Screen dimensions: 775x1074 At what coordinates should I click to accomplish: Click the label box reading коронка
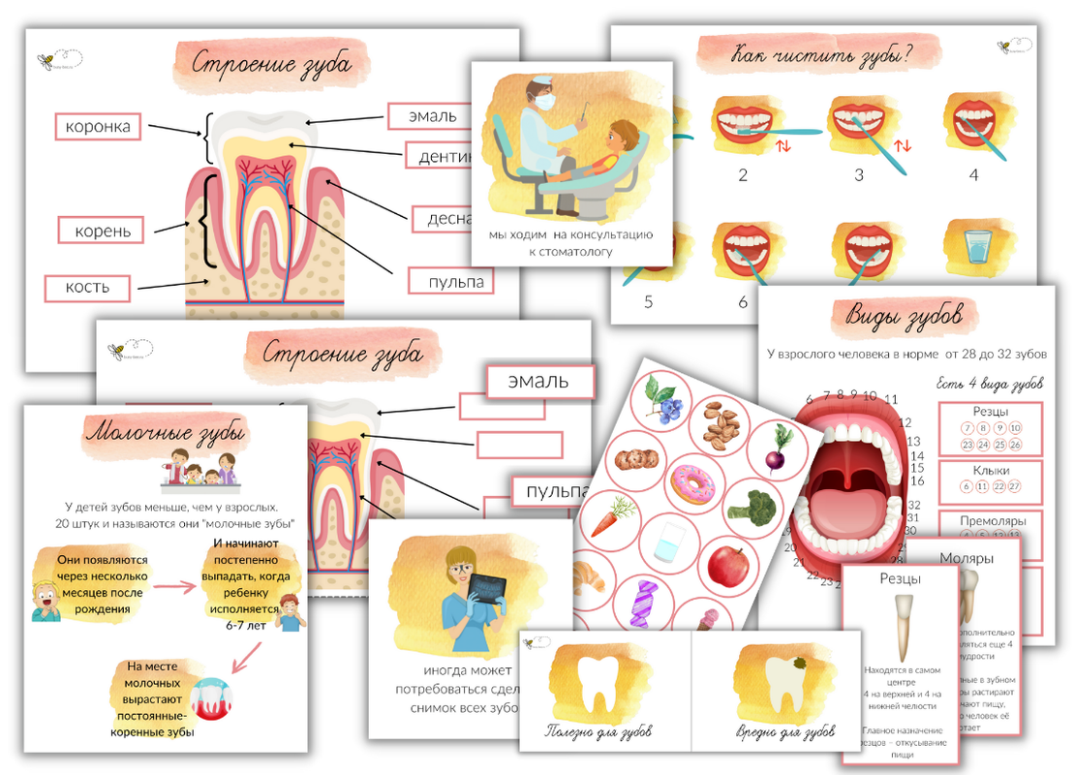[x=97, y=126]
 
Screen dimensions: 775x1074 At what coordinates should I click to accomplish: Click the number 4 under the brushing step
[x=974, y=175]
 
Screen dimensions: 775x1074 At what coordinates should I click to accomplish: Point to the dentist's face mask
[x=544, y=99]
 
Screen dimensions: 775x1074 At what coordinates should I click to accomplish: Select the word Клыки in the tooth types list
[x=990, y=470]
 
